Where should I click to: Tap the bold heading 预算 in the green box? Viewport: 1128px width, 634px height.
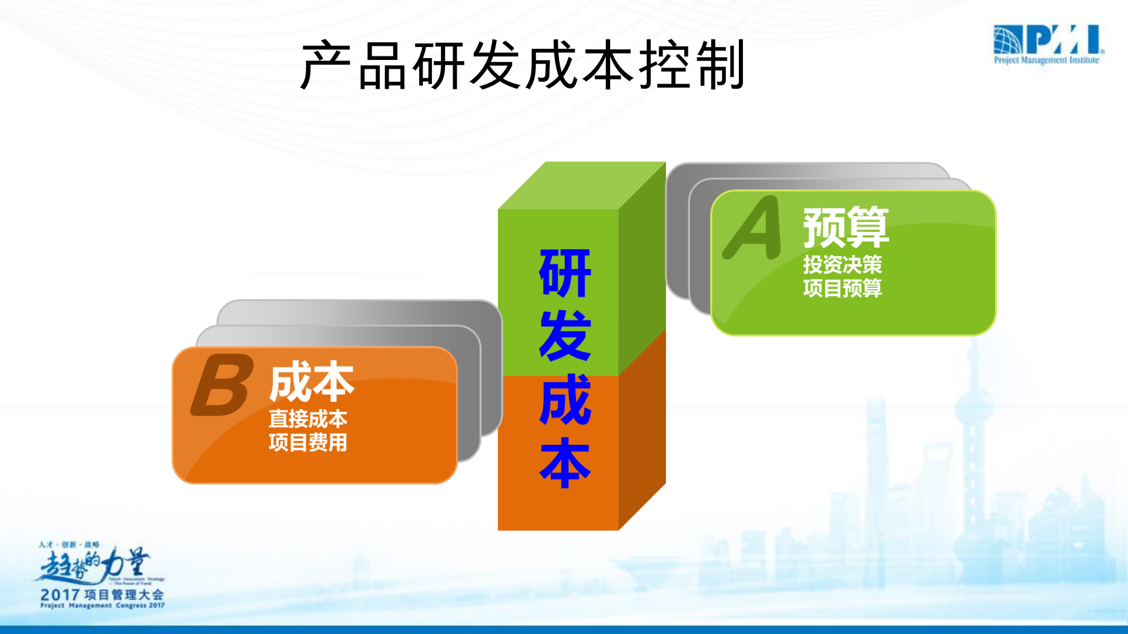click(x=846, y=227)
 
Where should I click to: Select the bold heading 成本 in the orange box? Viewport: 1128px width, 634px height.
click(x=312, y=382)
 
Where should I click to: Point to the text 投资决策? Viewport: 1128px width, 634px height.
click(x=842, y=265)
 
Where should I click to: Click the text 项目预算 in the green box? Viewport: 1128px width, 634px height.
click(x=842, y=289)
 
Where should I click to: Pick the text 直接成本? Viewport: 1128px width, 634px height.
click(x=308, y=419)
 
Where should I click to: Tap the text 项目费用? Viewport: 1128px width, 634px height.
click(x=308, y=442)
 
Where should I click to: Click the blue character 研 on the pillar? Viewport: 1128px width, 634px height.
click(x=565, y=273)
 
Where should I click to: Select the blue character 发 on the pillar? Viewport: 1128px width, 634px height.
click(x=565, y=336)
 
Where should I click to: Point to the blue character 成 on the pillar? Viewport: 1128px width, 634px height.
click(x=565, y=400)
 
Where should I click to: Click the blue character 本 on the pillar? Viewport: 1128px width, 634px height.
click(x=565, y=463)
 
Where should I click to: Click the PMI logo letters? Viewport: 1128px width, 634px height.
click(x=1064, y=39)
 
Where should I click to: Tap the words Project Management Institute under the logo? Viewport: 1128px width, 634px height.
click(x=1046, y=60)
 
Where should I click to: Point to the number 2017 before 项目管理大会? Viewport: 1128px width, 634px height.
click(x=61, y=595)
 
